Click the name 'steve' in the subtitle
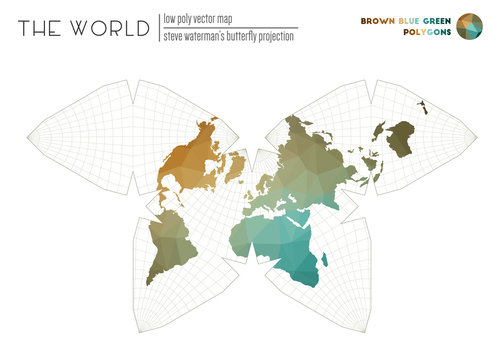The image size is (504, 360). pos(175,37)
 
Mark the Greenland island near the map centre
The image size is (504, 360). pos(236,165)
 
